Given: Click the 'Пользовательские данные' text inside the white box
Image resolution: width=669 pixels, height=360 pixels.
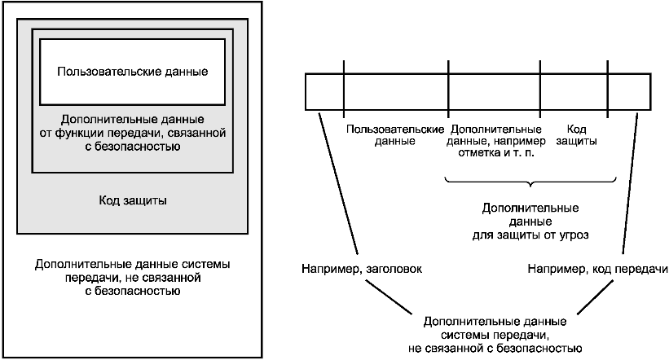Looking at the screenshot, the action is pyautogui.click(x=133, y=71).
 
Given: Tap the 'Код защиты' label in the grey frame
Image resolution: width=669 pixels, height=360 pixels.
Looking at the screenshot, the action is pyautogui.click(x=133, y=200).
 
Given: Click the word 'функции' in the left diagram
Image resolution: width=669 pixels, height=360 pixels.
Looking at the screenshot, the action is pyautogui.click(x=80, y=133).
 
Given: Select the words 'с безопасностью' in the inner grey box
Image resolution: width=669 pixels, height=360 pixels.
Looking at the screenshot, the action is pyautogui.click(x=133, y=147).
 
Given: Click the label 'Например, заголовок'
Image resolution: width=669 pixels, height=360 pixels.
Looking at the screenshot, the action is pyautogui.click(x=362, y=269).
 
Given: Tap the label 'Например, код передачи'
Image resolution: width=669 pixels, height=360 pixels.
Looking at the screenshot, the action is pyautogui.click(x=598, y=269).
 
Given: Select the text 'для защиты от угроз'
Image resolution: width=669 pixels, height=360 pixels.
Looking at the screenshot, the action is pyautogui.click(x=530, y=235).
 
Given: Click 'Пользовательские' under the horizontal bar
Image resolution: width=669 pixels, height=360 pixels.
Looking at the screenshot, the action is pyautogui.click(x=395, y=130).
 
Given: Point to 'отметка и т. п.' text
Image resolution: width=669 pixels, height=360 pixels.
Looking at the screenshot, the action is pyautogui.click(x=496, y=152).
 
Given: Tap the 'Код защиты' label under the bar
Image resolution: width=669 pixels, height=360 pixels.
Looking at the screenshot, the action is pyautogui.click(x=576, y=134).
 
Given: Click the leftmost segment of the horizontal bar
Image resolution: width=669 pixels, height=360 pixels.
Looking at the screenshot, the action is pyautogui.click(x=324, y=92).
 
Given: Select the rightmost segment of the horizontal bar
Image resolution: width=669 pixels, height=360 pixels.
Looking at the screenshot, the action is pyautogui.click(x=629, y=92).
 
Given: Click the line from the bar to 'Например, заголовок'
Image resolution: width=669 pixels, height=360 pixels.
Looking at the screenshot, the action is pyautogui.click(x=337, y=183).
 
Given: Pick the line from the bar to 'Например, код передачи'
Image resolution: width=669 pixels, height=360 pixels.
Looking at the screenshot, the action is pyautogui.click(x=630, y=183).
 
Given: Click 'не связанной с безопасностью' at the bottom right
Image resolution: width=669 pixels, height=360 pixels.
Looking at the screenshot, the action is pyautogui.click(x=495, y=348).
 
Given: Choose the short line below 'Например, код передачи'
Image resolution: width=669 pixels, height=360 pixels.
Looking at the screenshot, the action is pyautogui.click(x=596, y=296).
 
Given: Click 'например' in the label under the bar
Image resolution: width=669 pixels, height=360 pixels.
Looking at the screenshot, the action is pyautogui.click(x=518, y=141).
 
